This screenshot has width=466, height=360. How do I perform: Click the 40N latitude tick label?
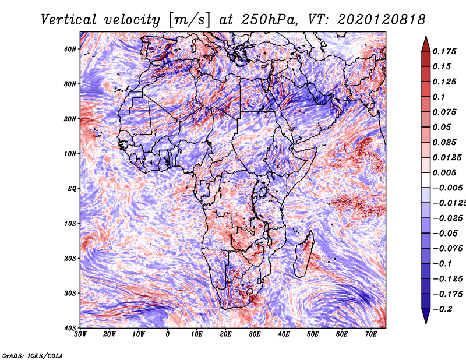pyautogui.click(x=70, y=49)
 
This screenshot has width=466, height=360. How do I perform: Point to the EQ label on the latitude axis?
pyautogui.click(x=72, y=189)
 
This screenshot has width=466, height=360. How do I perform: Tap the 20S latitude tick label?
pyautogui.click(x=70, y=258)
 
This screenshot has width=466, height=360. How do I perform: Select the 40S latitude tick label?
pyautogui.click(x=70, y=328)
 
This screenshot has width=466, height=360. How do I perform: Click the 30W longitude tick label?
pyautogui.click(x=80, y=334)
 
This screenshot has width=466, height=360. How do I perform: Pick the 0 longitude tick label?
pyautogui.click(x=168, y=334)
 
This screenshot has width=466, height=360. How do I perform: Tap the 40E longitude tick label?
pyautogui.click(x=284, y=334)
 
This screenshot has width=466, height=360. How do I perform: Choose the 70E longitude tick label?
pyautogui.click(x=371, y=334)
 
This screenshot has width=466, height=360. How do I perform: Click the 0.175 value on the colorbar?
pyautogui.click(x=446, y=51)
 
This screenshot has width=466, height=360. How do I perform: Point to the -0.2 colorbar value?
pyautogui.click(x=443, y=309)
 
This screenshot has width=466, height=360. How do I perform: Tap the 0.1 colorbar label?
pyautogui.click(x=439, y=97)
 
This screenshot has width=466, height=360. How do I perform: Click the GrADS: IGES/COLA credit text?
pyautogui.click(x=32, y=354)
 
